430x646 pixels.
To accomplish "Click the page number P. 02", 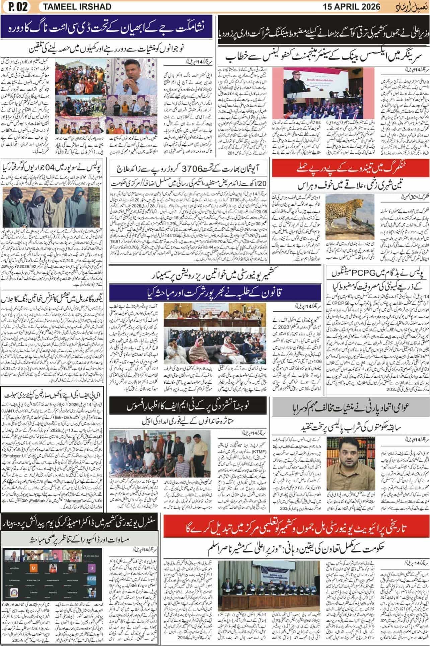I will click(x=16, y=7).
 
